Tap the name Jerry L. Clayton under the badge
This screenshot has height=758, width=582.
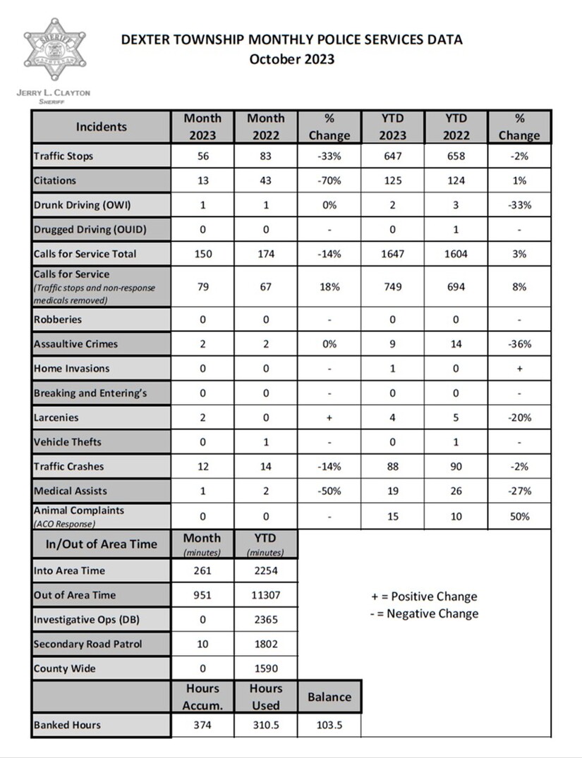[53, 92]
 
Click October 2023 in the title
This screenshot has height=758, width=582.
[291, 59]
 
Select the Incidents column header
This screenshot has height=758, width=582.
[102, 127]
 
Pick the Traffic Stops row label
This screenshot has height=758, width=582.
[63, 156]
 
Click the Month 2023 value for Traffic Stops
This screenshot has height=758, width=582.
[202, 156]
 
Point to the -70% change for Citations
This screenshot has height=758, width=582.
[329, 181]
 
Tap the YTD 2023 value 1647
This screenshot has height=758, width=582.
[392, 253]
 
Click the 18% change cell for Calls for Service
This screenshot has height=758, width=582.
[329, 287]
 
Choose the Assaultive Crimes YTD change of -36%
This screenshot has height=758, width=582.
[519, 344]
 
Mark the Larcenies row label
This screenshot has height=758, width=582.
[56, 417]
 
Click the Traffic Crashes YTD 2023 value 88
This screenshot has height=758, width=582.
[392, 466]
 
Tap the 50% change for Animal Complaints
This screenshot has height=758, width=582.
[519, 516]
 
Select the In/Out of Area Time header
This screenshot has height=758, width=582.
[102, 544]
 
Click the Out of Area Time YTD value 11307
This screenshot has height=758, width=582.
[266, 595]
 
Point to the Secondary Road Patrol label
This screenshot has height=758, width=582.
[87, 644]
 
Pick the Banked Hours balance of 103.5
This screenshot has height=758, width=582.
[329, 725]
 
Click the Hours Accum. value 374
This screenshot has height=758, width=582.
[202, 725]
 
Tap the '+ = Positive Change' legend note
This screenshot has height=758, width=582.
[423, 597]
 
